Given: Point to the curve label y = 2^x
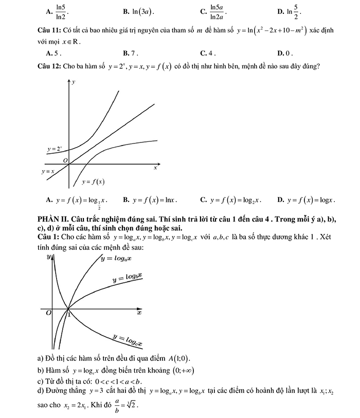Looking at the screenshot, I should [55, 149].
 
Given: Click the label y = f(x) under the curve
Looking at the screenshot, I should [93, 181].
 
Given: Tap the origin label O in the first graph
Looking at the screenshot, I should [65, 161].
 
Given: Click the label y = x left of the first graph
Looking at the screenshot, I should [48, 171].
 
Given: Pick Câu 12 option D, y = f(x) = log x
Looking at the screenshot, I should [307, 199].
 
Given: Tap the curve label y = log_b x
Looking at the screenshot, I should [128, 278].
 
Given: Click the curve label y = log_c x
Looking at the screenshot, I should [127, 340].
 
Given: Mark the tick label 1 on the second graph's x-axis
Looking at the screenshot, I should [70, 315].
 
